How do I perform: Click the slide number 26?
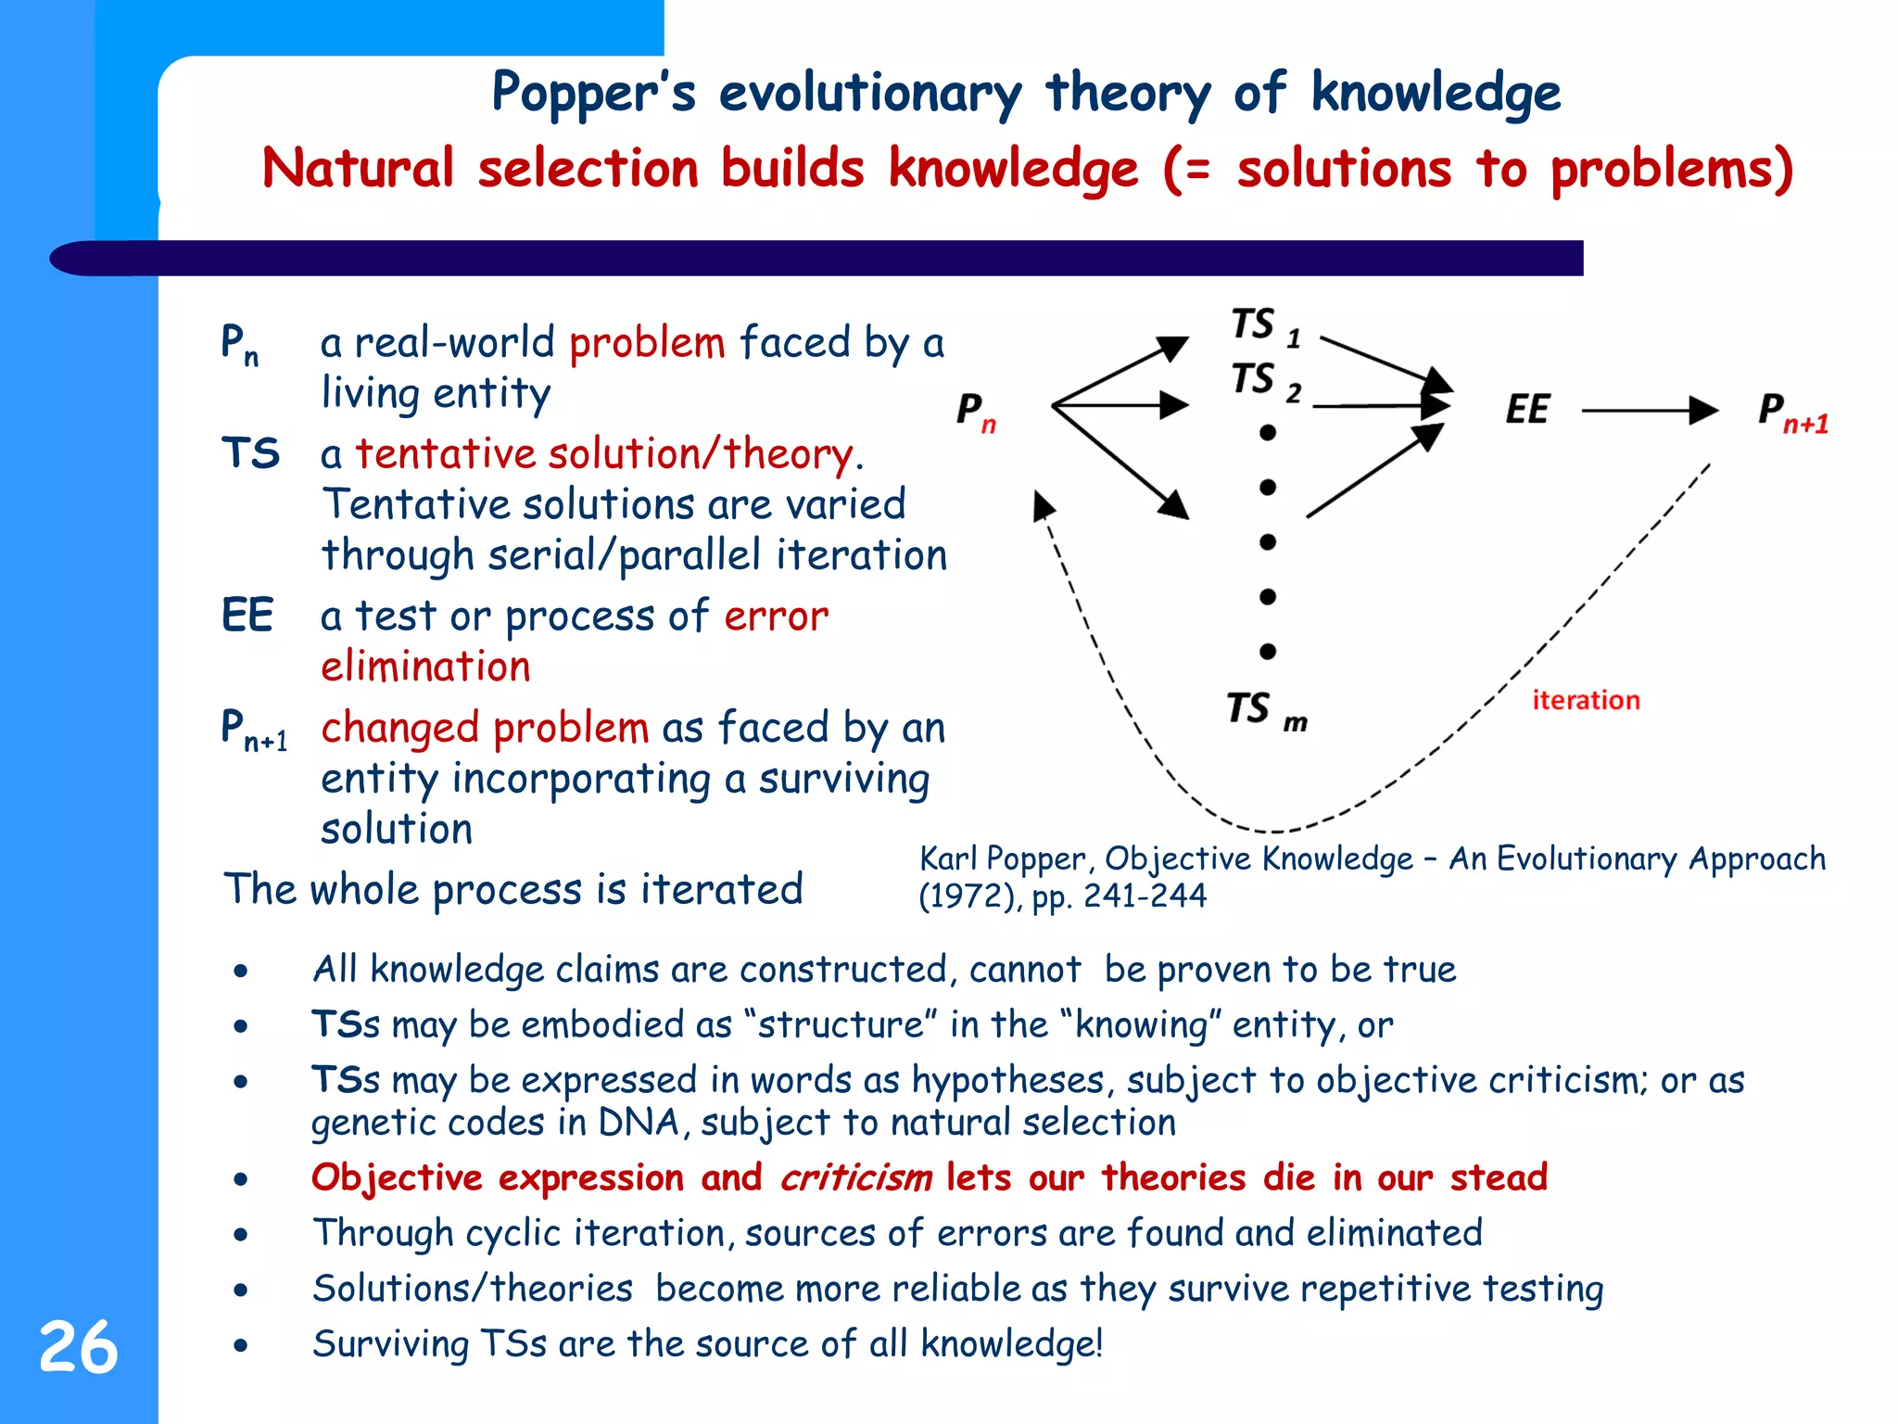tap(79, 1347)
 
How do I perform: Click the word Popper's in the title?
tap(593, 94)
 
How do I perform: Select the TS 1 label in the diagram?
tap(1266, 327)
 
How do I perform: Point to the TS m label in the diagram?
tap(1266, 710)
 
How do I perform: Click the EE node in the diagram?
tap(1527, 410)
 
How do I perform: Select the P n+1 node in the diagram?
tap(1792, 412)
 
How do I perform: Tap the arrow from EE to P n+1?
tap(1649, 410)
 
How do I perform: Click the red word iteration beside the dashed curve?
tap(1586, 700)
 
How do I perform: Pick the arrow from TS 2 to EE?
tap(1380, 405)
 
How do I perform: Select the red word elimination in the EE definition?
tap(425, 667)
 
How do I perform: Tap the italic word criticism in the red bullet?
tap(855, 1177)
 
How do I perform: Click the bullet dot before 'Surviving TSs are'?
tap(241, 1345)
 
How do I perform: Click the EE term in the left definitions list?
tap(247, 616)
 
